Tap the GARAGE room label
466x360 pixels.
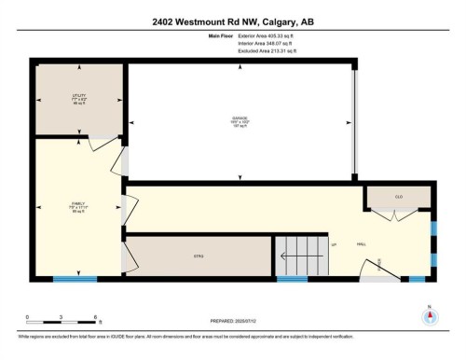point(239,118)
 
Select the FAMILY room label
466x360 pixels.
point(77,207)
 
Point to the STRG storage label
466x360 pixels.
point(199,256)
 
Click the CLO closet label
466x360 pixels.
point(397,197)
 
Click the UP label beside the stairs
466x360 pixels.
point(333,244)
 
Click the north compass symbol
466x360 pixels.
point(430,313)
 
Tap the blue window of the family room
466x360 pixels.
point(75,277)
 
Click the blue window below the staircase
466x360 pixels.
point(292,278)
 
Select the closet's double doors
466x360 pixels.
point(394,215)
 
